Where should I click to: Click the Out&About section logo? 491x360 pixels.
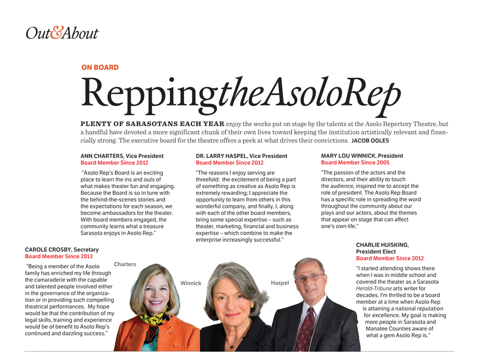coord(62,33)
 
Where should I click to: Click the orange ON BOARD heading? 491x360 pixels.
coord(100,67)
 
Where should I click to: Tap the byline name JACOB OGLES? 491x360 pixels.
coord(370,141)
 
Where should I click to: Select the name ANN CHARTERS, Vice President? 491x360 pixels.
coord(122,156)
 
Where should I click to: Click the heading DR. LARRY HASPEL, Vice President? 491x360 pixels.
coord(241,156)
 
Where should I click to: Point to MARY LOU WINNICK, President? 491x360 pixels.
coord(362,156)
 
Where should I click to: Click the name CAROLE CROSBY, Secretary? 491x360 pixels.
coord(62,250)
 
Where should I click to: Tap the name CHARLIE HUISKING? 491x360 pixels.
coord(382,245)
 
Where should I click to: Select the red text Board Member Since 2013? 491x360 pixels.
coord(59,256)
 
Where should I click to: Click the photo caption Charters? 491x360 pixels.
coord(125,264)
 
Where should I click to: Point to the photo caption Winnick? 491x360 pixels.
coord(191,283)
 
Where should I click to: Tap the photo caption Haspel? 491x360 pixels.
coord(280,282)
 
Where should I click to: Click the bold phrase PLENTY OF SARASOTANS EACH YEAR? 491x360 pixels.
coord(152,124)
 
